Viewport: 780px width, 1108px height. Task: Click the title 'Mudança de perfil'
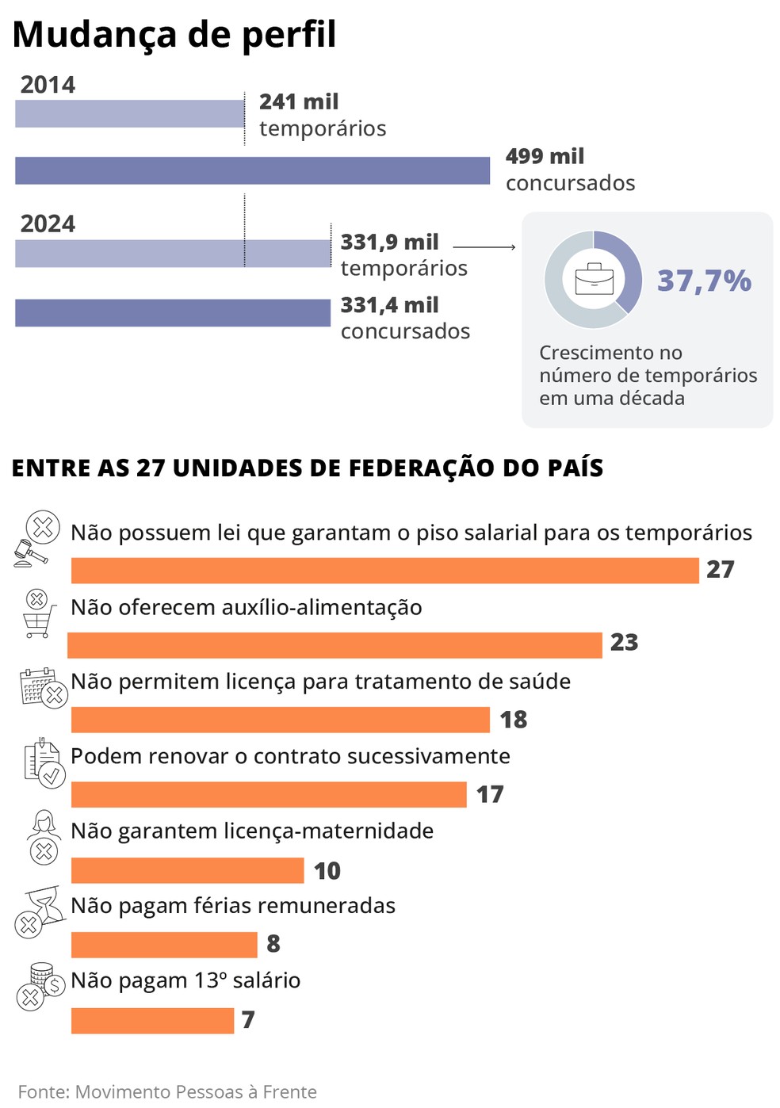174,35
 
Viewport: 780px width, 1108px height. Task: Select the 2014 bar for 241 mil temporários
129,114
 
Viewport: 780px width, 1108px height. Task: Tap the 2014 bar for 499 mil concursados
252,171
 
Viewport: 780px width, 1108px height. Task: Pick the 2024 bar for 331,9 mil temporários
172,254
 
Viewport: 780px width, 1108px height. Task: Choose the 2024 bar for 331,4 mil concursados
172,313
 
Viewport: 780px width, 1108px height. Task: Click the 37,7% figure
704,281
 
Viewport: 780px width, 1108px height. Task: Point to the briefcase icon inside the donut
594,279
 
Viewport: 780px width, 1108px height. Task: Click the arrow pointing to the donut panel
484,247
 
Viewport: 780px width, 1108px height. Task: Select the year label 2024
48,224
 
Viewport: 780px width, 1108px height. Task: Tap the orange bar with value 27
384,571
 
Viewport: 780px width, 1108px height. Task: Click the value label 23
624,643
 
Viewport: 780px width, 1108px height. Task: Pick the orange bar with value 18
280,720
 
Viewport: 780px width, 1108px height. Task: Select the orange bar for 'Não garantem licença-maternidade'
187,870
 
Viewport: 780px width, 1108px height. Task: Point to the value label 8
273,944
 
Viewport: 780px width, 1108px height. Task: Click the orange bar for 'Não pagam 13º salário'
152,1021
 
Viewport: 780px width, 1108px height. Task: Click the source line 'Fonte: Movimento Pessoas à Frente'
167,1091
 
